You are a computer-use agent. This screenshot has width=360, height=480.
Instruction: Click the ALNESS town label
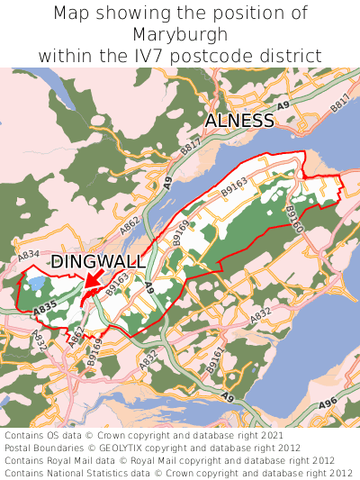[x=239, y=121]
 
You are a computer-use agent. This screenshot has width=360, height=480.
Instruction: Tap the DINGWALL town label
[x=96, y=262]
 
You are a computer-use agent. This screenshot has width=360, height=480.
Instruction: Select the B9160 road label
[x=294, y=219]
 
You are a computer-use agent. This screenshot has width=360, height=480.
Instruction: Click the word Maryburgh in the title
[x=180, y=34]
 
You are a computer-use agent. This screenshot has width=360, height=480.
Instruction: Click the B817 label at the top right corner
[x=339, y=105]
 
